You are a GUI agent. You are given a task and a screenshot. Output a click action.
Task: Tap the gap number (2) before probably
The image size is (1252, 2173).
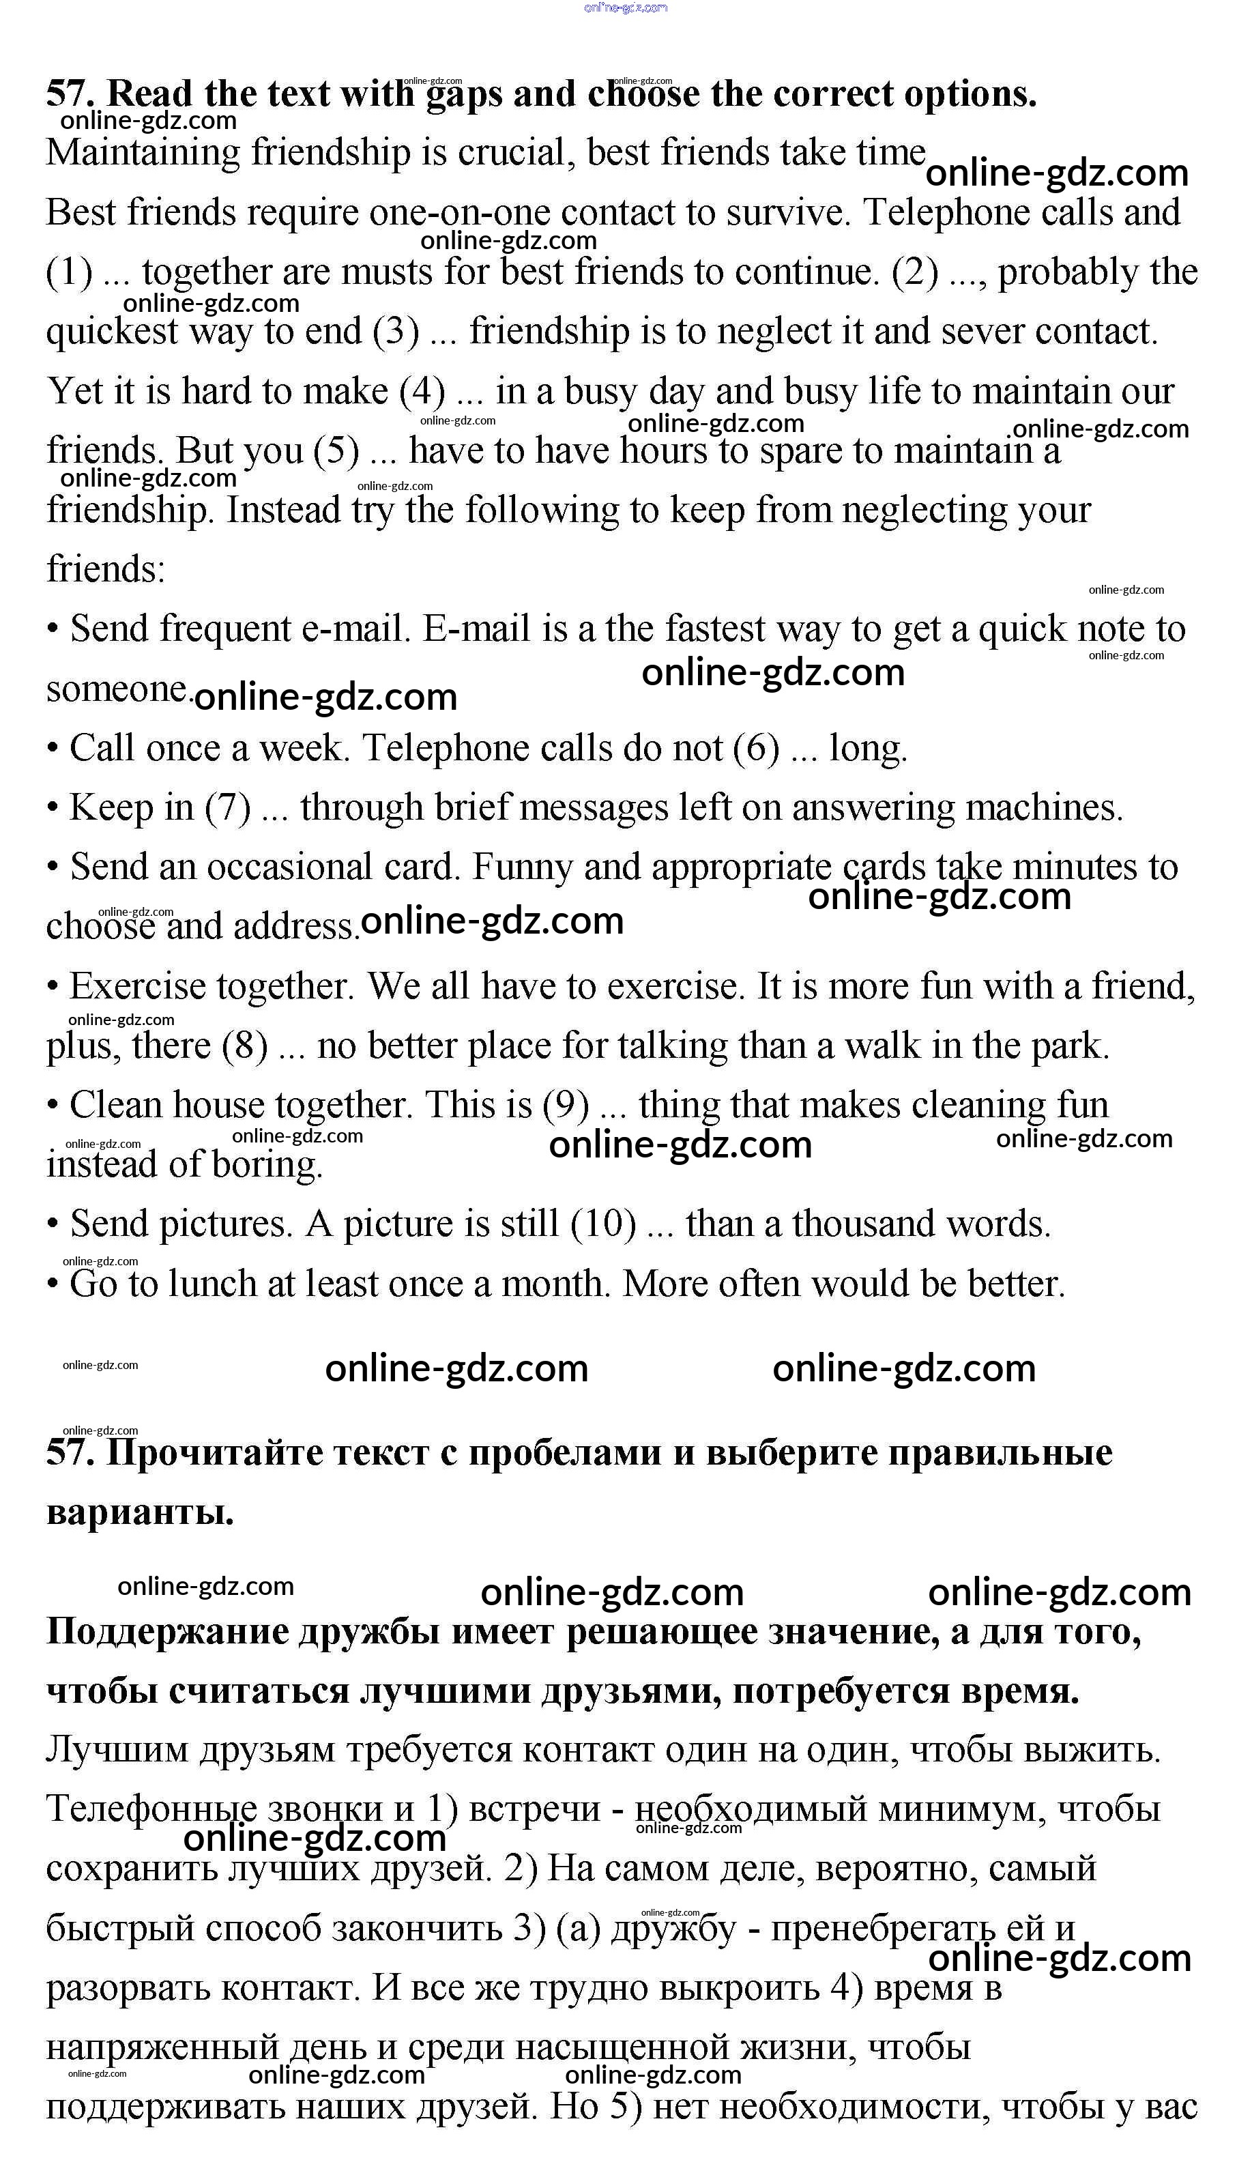(915, 272)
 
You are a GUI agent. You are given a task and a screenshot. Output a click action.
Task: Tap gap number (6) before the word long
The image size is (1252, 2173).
(756, 748)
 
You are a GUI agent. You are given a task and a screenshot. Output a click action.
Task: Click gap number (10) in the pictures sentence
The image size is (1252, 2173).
(604, 1224)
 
